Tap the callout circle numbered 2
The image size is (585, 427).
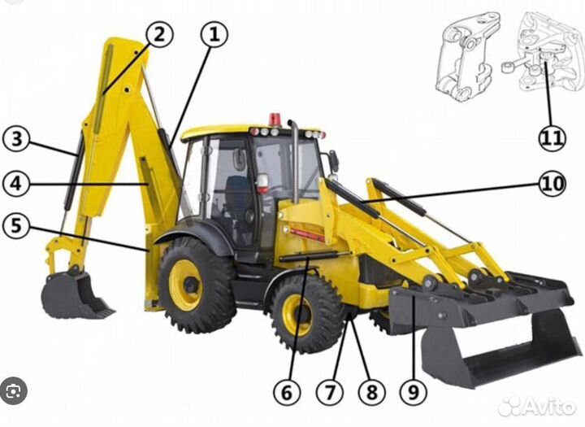[x=159, y=33]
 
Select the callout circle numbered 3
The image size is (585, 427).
[x=16, y=139]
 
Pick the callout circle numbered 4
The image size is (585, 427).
[x=15, y=183]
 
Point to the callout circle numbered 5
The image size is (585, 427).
[x=15, y=225]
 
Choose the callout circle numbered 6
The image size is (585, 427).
[x=286, y=393]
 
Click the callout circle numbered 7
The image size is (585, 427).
[x=329, y=393]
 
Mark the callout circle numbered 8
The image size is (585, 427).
[x=372, y=393]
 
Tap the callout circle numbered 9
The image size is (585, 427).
[x=414, y=393]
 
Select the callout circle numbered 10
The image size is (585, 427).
[x=552, y=184]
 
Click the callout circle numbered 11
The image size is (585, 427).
[x=552, y=137]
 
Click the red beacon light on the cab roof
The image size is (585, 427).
[x=275, y=120]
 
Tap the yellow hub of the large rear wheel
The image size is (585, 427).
[x=187, y=285]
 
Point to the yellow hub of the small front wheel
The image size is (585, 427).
[x=297, y=315]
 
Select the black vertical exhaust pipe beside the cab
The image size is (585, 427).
[x=294, y=163]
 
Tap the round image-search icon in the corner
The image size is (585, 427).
[x=14, y=391]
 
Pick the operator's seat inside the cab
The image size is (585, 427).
[x=238, y=195]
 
